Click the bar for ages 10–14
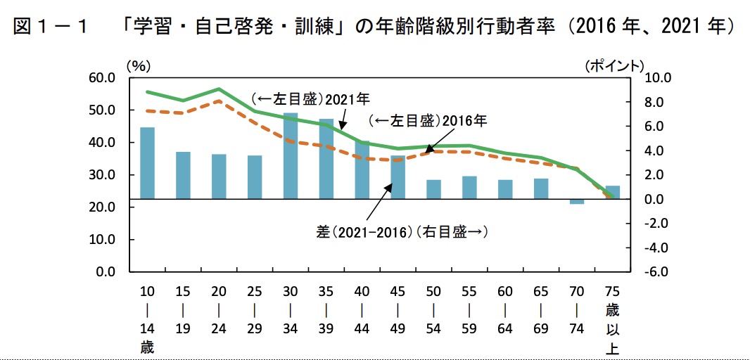pos(147,163)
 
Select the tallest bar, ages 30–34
pos(291,156)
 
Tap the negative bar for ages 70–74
pos(577,202)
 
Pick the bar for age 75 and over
pos(613,193)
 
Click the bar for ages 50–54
pos(434,190)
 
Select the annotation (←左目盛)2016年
pos(428,121)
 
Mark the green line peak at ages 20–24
pos(219,89)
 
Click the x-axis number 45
pos(398,291)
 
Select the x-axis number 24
pos(219,329)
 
